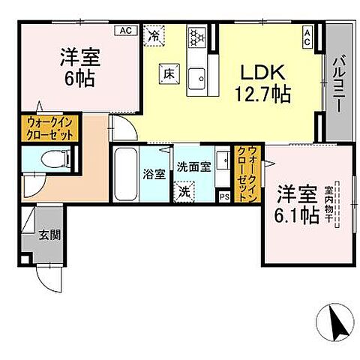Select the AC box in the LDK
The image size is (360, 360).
307,33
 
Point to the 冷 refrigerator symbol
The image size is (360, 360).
154,34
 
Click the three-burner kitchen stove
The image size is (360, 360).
196,35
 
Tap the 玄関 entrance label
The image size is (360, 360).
50,235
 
